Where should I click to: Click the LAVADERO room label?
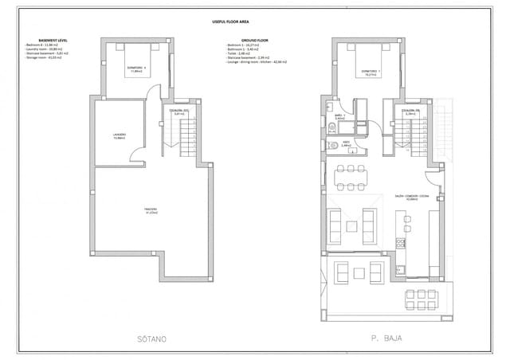tap(120, 135)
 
